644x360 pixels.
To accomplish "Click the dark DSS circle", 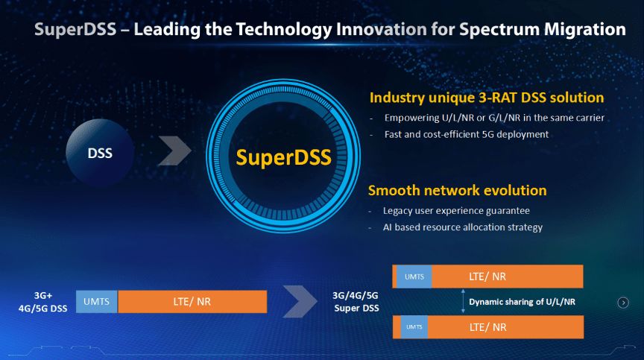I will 100,154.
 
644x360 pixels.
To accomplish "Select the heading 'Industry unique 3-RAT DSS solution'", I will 487,98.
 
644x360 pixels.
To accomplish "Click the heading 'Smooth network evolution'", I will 458,190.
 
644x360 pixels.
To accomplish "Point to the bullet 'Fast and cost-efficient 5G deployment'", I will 466,134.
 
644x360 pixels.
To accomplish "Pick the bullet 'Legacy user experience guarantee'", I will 456,211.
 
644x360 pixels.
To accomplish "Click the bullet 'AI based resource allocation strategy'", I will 463,227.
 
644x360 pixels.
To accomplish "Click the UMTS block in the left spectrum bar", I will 97,302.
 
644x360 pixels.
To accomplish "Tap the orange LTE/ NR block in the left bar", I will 192,302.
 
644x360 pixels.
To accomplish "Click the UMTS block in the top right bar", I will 414,277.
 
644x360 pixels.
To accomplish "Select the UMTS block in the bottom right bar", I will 414,327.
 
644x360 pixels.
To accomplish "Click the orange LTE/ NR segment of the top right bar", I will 507,277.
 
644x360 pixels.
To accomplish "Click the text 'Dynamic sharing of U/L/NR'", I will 522,302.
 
